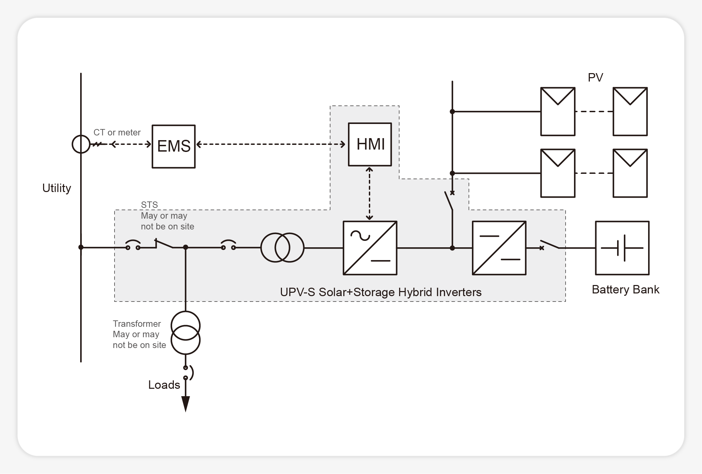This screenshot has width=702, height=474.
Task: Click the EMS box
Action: tap(173, 147)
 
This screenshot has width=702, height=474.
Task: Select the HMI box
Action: tap(370, 144)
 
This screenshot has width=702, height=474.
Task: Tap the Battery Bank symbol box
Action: tap(622, 248)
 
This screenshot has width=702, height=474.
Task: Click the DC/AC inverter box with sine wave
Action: tap(370, 248)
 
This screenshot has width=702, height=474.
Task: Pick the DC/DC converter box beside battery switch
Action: tap(499, 248)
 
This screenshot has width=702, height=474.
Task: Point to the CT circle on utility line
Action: tap(81, 144)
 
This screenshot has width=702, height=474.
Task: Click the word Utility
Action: tap(57, 188)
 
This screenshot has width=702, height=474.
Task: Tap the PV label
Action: tap(595, 77)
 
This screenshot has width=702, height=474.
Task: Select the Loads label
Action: tap(164, 385)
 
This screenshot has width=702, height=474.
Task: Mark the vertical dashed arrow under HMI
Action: tap(370, 194)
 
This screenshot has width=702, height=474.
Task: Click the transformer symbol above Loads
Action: tap(186, 333)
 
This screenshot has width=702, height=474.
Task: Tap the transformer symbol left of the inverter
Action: tap(282, 248)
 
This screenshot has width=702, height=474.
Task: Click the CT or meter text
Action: tap(117, 132)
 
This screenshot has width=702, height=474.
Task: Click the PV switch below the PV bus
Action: tap(449, 201)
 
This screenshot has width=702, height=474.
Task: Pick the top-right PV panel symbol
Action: tap(630, 112)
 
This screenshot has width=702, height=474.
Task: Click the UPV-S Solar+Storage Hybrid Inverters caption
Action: tap(381, 292)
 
